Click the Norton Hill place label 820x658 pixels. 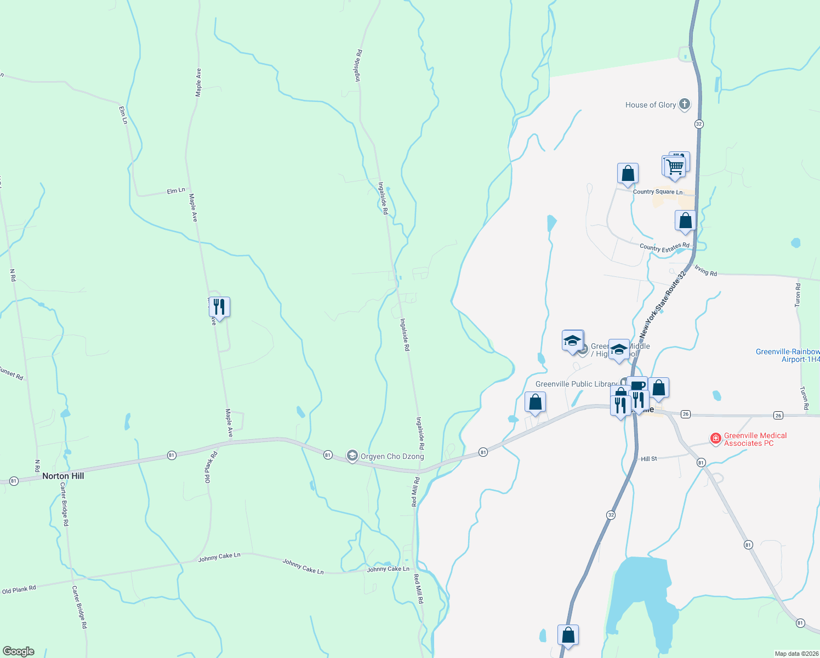[x=63, y=476]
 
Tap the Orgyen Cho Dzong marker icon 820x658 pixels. [x=352, y=456]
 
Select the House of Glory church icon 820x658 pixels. [x=684, y=104]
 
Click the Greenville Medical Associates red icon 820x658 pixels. [x=715, y=439]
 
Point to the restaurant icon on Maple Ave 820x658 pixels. [x=219, y=307]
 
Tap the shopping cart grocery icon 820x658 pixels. [x=675, y=166]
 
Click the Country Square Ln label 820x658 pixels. [x=658, y=192]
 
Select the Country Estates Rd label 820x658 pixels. [x=664, y=247]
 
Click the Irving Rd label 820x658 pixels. [x=705, y=270]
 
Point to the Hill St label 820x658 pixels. [x=649, y=459]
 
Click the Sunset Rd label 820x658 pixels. [x=11, y=373]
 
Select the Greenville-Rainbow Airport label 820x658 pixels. [x=788, y=355]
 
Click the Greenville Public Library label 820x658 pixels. [x=576, y=384]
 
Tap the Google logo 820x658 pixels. [x=19, y=651]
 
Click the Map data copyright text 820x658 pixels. [x=796, y=654]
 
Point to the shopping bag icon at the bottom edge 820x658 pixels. [x=568, y=636]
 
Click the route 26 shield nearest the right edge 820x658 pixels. [x=778, y=415]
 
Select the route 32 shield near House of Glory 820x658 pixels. [x=698, y=124]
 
